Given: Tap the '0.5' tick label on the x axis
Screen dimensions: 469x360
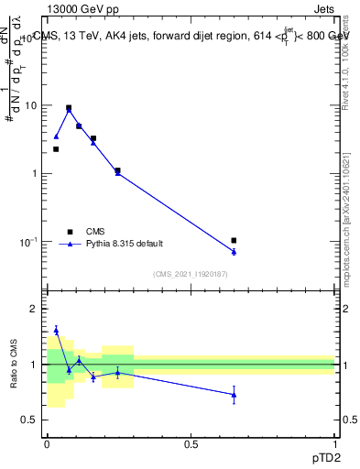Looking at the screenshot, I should [x=191, y=443].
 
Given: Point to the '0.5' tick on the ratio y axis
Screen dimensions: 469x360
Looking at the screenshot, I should [x=31, y=420].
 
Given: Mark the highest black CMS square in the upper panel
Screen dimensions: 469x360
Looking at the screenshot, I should [x=69, y=107].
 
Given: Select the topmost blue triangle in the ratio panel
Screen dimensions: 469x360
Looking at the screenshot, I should [x=56, y=330].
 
